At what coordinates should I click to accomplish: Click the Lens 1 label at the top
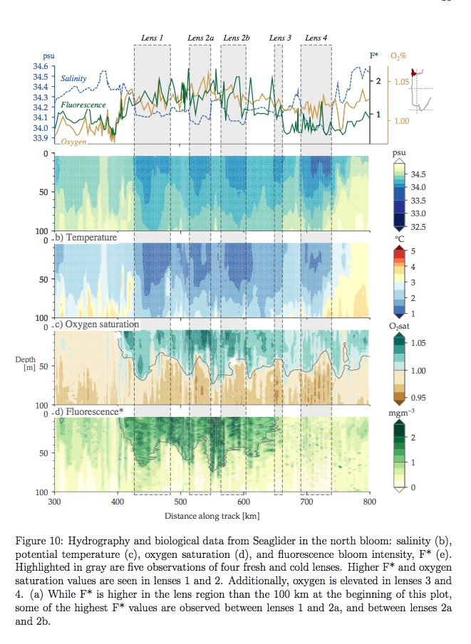pos(151,38)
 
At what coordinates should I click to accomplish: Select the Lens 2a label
pos(200,38)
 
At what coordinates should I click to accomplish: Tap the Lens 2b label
pos(236,38)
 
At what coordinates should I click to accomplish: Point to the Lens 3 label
pos(281,38)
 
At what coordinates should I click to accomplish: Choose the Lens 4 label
pos(316,38)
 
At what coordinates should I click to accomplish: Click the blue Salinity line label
pos(74,78)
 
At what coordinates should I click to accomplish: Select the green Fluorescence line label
pos(83,105)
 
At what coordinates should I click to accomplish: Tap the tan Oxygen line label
pos(73,142)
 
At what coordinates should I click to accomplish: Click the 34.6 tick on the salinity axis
pos(41,66)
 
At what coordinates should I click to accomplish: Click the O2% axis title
pos(400,56)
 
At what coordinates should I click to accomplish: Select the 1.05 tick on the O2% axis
pos(403,82)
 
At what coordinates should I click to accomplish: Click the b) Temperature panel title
pos(88,237)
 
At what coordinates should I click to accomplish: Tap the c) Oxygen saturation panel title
pos(97,324)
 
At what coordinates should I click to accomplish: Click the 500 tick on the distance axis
pos(182,502)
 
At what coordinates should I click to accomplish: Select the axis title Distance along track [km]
pos(212,514)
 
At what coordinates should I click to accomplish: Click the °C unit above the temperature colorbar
pos(399,239)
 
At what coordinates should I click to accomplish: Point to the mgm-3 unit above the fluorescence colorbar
pos(403,411)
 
